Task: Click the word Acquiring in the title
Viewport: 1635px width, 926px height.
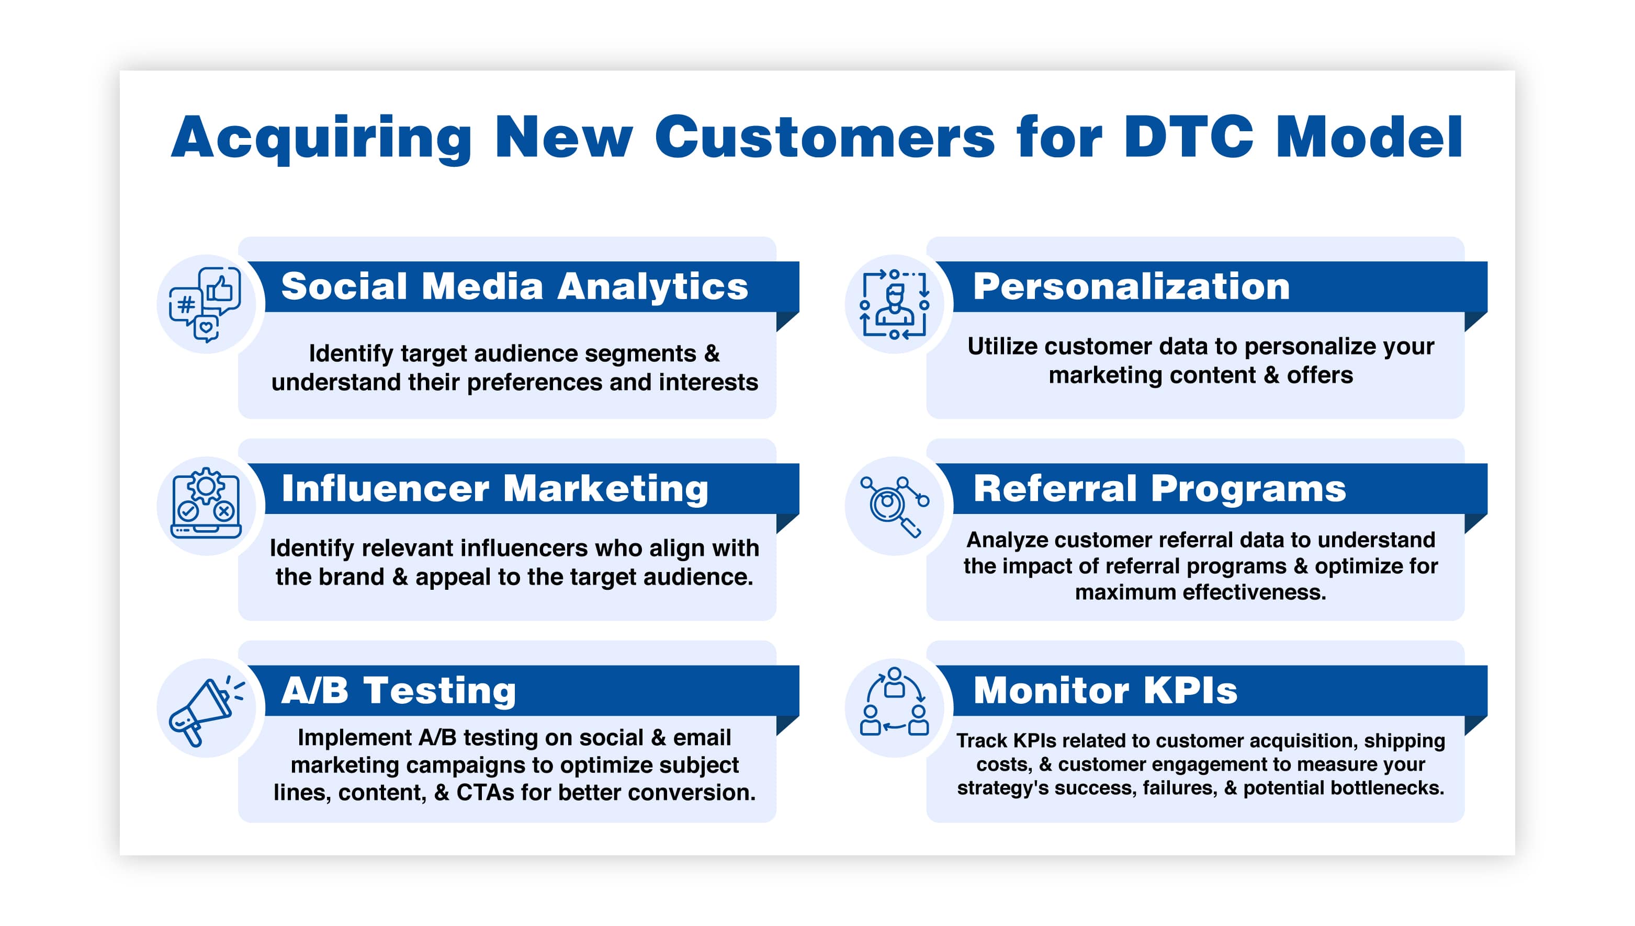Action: [321, 138]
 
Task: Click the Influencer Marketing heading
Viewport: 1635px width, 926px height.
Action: [495, 488]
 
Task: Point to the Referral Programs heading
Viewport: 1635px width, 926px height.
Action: [1159, 488]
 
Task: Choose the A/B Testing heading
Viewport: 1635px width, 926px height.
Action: [398, 690]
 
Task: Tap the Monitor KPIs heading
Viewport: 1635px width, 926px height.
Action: [1105, 690]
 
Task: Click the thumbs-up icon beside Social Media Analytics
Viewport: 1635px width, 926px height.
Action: [220, 288]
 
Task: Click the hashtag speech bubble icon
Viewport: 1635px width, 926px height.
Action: [185, 305]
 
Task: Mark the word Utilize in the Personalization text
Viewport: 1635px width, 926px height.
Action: [1002, 347]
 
